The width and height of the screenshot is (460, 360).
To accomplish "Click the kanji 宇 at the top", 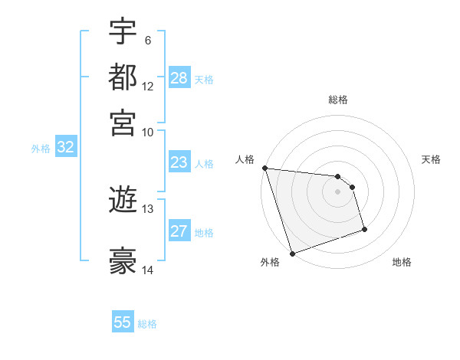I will [123, 32].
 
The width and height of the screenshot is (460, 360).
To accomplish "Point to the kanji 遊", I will [123, 201].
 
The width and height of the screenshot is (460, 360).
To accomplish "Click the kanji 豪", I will [123, 261].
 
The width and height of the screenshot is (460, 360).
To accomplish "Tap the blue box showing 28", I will [179, 78].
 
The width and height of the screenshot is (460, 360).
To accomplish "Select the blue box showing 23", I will [179, 162].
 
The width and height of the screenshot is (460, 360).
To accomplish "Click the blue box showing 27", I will [179, 231].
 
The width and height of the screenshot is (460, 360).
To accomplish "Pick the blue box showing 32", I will [66, 148].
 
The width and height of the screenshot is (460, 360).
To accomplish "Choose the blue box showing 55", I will [123, 322].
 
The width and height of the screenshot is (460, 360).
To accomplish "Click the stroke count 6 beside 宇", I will [148, 40].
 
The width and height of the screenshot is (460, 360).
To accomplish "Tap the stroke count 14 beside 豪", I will [148, 270].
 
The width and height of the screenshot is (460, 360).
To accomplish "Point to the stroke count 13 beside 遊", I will [148, 208].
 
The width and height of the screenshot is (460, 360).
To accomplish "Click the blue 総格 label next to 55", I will [147, 324].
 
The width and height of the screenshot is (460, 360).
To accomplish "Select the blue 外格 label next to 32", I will [41, 149].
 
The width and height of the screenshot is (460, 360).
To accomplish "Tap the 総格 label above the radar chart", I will [338, 100].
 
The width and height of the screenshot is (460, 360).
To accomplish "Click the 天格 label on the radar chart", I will [431, 159].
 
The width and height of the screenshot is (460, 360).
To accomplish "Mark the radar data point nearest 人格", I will [264, 168].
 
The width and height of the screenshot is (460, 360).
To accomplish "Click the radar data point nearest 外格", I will [292, 253].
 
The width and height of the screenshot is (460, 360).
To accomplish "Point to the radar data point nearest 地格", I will [364, 229].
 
